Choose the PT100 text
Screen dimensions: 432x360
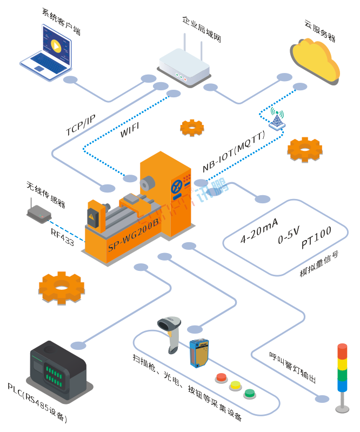(x=316, y=238)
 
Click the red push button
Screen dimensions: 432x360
(x=222, y=377)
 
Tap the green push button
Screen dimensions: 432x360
(x=249, y=393)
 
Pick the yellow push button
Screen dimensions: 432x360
(x=235, y=385)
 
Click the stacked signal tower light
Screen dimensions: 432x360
(x=342, y=373)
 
